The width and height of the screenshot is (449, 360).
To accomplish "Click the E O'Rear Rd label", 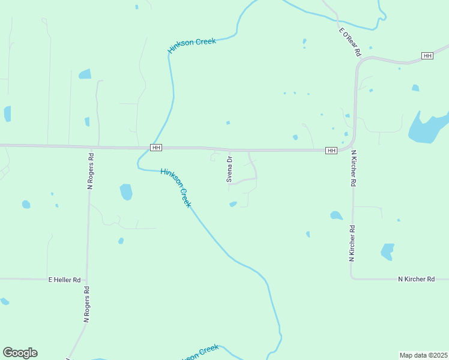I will point(350,42).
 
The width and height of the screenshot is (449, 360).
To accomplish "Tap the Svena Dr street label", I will point(229,169).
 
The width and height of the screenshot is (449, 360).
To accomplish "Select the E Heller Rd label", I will point(64,280).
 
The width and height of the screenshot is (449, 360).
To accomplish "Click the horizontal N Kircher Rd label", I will point(416,279).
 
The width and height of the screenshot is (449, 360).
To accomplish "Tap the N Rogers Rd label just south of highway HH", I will point(91,172).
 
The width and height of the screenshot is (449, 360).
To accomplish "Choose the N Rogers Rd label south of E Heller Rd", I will point(86,305).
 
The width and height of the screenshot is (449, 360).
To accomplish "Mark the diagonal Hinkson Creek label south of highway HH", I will point(176,188).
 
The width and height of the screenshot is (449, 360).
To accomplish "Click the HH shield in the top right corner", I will point(427,56).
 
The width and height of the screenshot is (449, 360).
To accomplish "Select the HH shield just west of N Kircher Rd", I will point(331,150).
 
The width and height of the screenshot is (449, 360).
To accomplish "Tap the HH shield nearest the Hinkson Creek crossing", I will point(156,148).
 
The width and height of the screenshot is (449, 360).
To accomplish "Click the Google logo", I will point(20,353).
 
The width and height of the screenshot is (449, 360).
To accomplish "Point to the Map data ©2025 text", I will point(423,355).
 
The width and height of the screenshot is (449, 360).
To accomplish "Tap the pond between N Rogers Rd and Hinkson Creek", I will point(126,191).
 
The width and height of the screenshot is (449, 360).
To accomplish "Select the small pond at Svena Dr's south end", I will point(233,205).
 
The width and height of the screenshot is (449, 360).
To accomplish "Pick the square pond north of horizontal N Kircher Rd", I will point(388,251).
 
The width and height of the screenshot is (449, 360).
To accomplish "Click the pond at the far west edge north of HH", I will point(7,113).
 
